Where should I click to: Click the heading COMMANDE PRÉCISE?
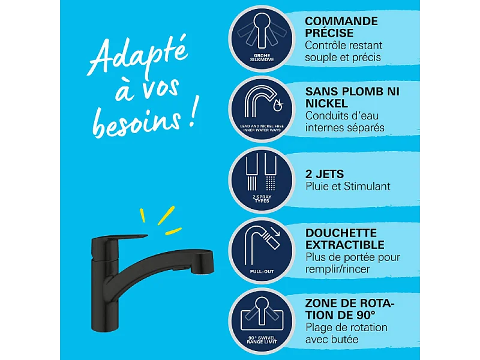[x=341, y=27]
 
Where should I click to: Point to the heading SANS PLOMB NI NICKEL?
[x=352, y=97]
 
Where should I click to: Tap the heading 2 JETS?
[x=325, y=174]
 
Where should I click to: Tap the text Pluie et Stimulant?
[x=347, y=187]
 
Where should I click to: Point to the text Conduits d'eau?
[x=342, y=116]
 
